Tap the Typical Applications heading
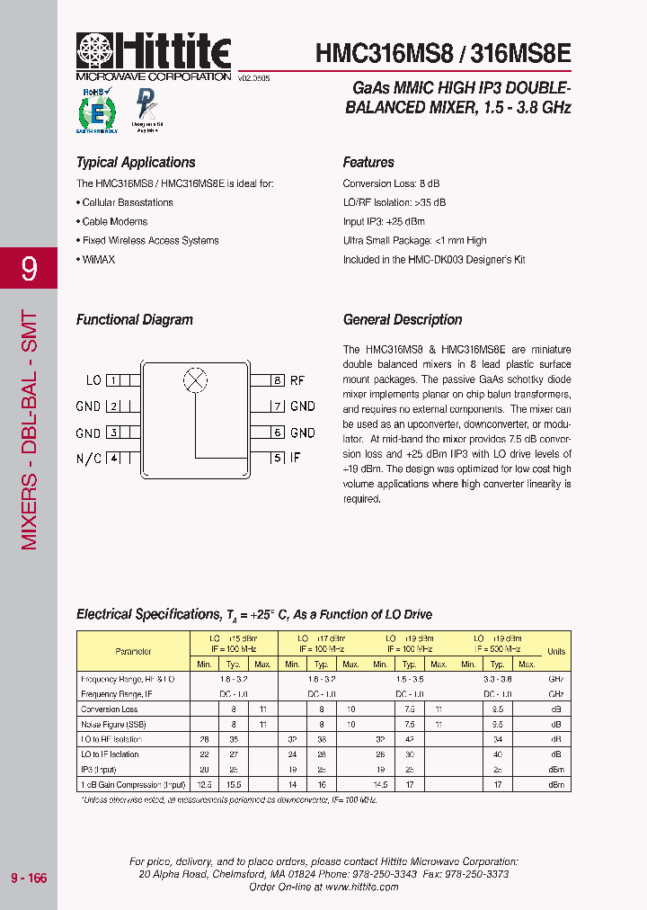tap(136, 163)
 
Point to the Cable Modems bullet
tap(113, 221)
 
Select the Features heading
tap(368, 163)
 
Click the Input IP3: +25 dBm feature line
tap(384, 221)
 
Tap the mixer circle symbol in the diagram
tap(194, 379)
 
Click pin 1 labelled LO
tap(113, 380)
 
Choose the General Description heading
tap(403, 320)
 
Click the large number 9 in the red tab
tap(29, 268)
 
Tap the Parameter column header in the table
tap(133, 651)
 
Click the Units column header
tap(556, 651)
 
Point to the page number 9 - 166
tap(29, 878)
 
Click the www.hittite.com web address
tap(361, 887)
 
